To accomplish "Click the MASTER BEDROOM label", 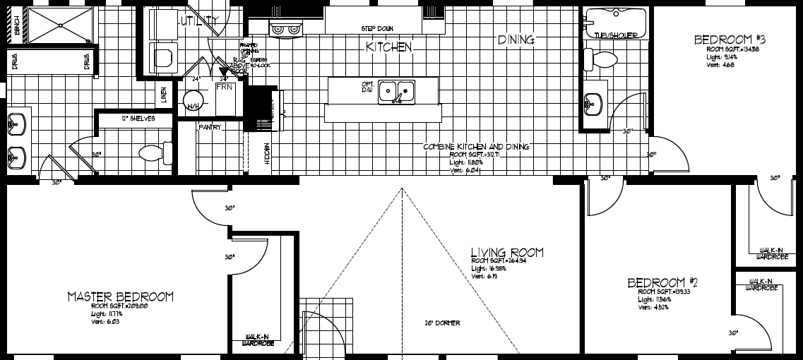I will click(120, 296).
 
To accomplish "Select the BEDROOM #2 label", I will click(662, 283).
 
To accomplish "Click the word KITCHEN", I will click(388, 47).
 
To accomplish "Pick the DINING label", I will click(516, 40).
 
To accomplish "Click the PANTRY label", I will click(210, 128).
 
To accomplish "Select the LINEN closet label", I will click(164, 95).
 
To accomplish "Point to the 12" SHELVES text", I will click(138, 119).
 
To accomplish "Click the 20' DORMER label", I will click(442, 323).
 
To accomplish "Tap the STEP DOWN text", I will click(377, 29).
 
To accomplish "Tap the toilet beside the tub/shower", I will click(600, 59).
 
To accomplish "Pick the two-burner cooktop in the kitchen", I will click(286, 28).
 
